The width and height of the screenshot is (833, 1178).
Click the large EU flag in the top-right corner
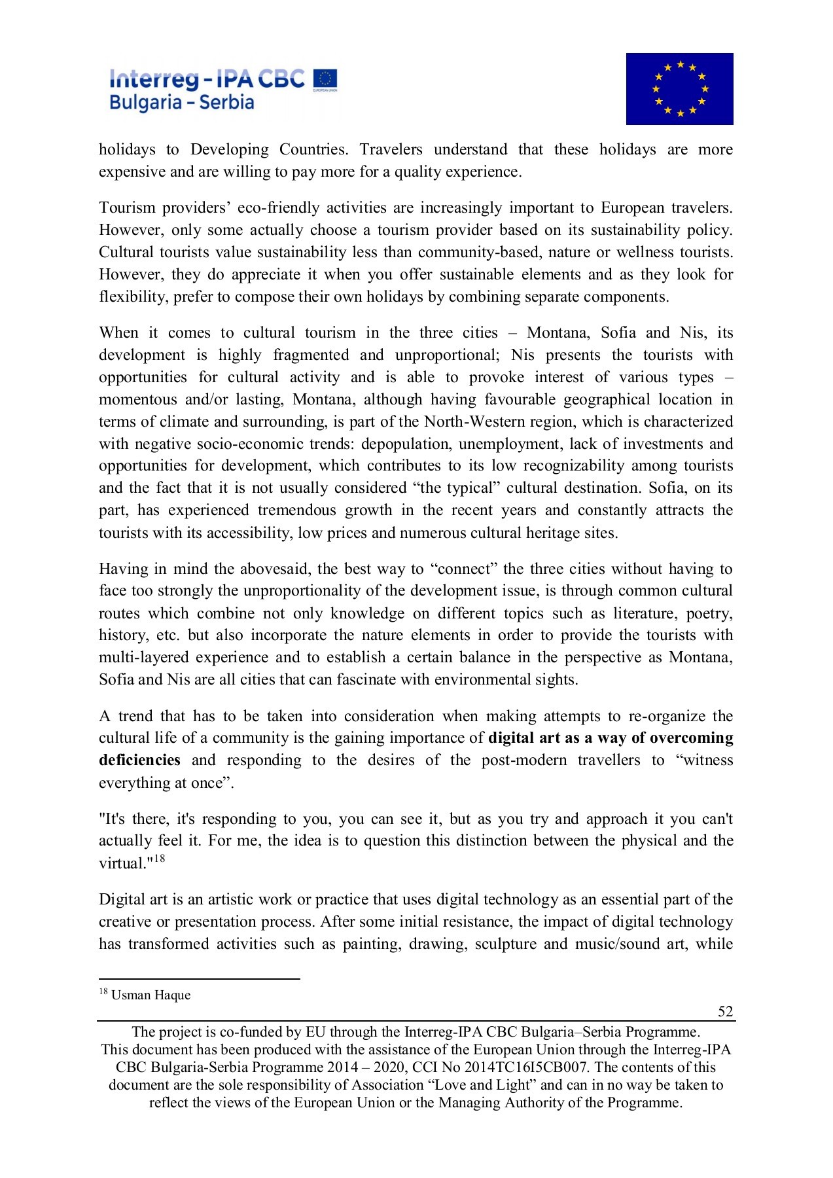pyautogui.click(x=679, y=89)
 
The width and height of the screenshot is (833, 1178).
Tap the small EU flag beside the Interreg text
pyautogui.click(x=325, y=79)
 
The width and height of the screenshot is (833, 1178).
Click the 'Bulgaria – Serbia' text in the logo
pyautogui.click(x=181, y=103)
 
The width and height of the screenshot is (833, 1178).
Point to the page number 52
pyautogui.click(x=725, y=1011)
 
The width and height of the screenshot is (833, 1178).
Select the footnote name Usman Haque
pyautogui.click(x=151, y=995)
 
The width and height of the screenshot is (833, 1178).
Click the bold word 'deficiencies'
pyautogui.click(x=139, y=760)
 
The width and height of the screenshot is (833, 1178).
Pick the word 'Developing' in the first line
pyautogui.click(x=229, y=150)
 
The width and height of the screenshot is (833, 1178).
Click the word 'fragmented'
pyautogui.click(x=311, y=355)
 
